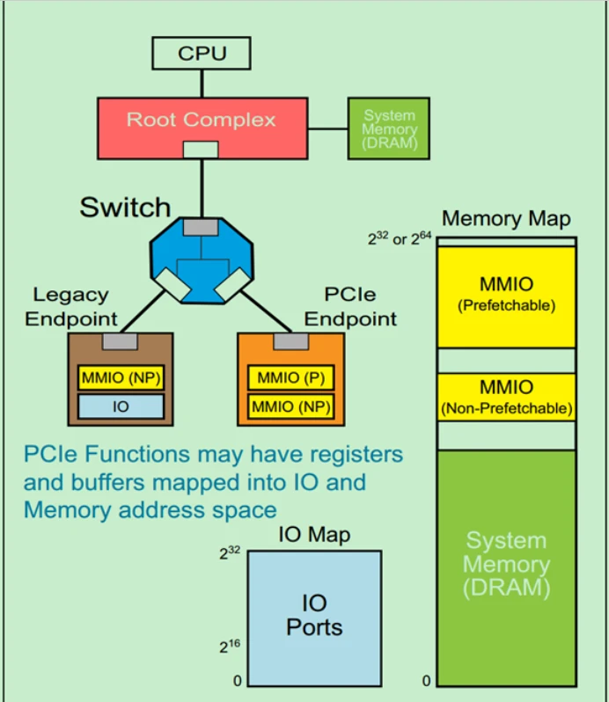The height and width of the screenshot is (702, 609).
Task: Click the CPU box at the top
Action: click(x=202, y=54)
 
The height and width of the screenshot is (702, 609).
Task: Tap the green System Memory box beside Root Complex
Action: click(x=389, y=128)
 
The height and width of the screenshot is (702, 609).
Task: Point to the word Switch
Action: click(x=125, y=208)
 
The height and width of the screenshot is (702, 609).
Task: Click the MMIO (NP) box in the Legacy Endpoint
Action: click(x=121, y=379)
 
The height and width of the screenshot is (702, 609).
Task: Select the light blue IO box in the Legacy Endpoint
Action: click(x=121, y=406)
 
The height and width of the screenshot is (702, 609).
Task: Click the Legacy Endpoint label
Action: click(x=70, y=306)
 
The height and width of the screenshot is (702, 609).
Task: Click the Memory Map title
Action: click(x=505, y=218)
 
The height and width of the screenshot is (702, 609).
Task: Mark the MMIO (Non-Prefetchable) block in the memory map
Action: click(x=506, y=397)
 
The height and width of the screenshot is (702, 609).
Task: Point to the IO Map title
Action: click(x=314, y=534)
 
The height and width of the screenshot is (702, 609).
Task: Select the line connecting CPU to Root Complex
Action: click(x=202, y=84)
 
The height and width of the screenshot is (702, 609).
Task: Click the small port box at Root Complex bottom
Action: click(x=201, y=149)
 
